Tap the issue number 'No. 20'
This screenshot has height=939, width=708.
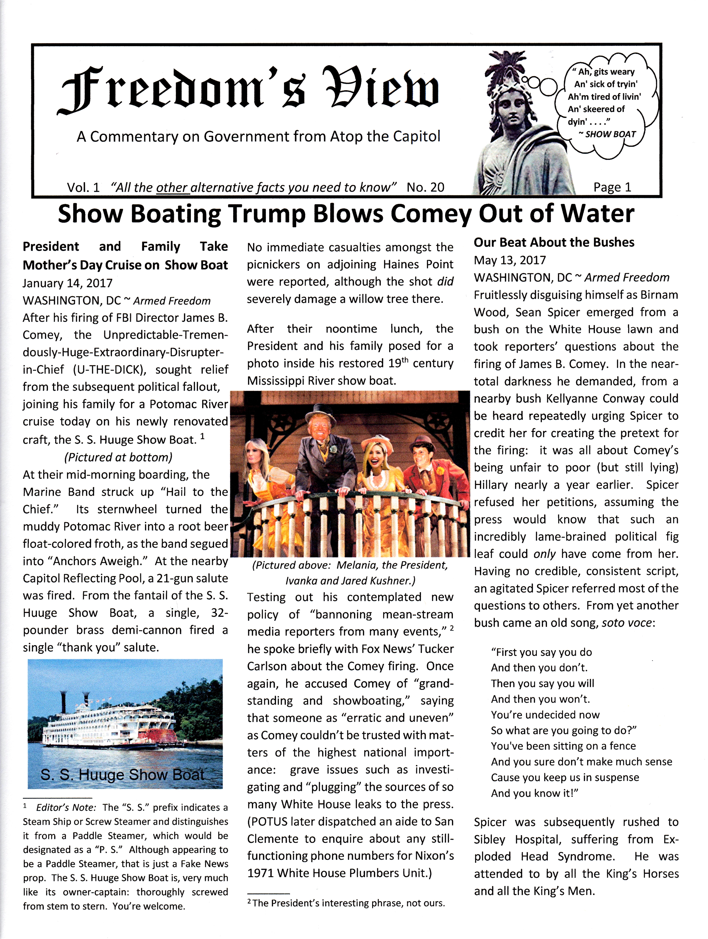425,187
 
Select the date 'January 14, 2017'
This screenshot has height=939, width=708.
67,283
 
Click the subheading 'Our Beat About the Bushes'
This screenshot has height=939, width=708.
554,242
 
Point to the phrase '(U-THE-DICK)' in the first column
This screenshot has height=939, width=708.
109,370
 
